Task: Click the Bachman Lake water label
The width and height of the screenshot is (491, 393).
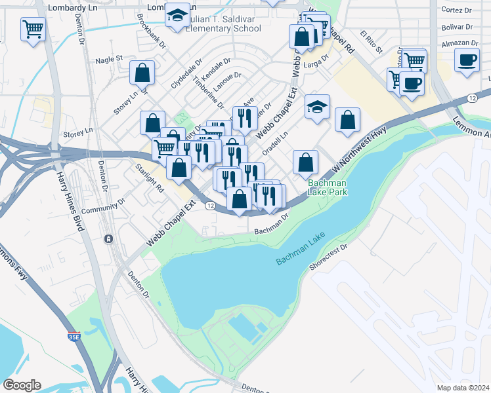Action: (301, 252)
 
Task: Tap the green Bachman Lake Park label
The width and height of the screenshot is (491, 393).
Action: (328, 188)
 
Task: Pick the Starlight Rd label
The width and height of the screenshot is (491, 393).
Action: (149, 178)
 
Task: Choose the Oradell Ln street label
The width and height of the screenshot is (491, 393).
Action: (275, 144)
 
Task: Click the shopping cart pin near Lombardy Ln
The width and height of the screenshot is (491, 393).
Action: (32, 29)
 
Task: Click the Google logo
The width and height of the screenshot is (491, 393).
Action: (22, 385)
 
